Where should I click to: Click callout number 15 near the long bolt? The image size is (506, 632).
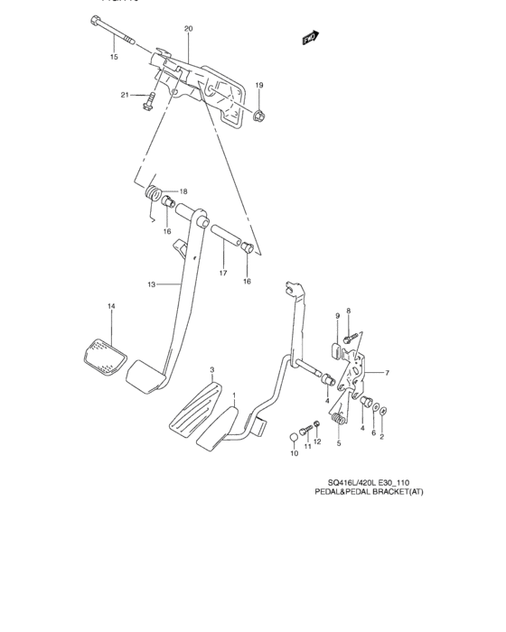click(x=114, y=57)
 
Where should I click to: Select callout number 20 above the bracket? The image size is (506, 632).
click(x=188, y=29)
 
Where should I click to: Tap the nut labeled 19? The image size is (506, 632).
click(x=258, y=114)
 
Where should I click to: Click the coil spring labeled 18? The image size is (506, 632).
click(x=155, y=192)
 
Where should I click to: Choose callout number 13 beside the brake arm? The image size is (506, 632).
click(x=153, y=285)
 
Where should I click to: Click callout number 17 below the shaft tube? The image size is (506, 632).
click(x=222, y=273)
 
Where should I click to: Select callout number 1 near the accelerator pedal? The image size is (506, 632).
click(x=234, y=395)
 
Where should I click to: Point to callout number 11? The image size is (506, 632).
click(x=306, y=446)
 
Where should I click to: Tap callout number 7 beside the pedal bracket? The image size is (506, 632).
click(x=386, y=373)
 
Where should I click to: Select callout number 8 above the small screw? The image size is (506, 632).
click(x=348, y=311)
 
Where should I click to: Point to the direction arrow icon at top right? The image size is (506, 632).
click(x=311, y=38)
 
